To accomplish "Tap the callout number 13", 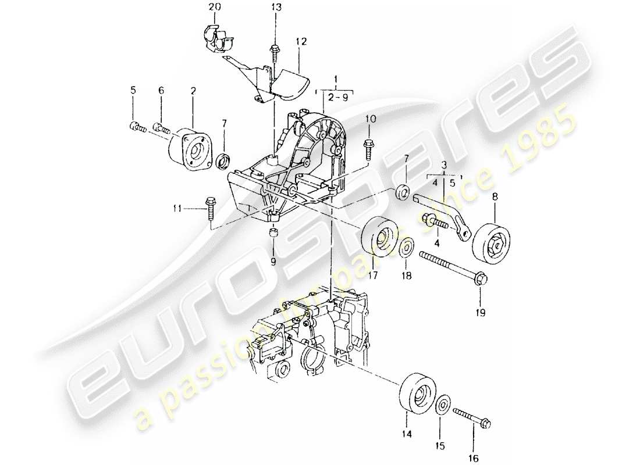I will coord(275,7).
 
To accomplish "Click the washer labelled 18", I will coord(407,246).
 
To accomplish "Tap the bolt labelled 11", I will coord(210,207).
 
